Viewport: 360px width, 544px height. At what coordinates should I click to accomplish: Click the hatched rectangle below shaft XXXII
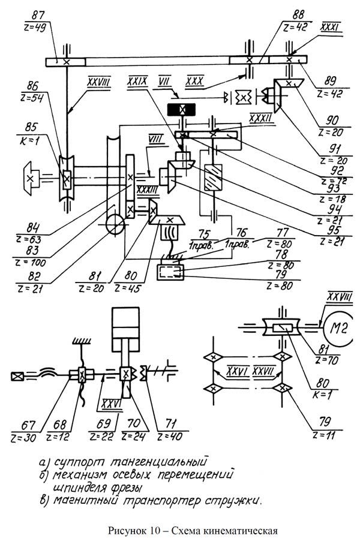click(x=213, y=178)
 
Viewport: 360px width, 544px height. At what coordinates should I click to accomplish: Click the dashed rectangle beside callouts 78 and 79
click(x=170, y=272)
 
